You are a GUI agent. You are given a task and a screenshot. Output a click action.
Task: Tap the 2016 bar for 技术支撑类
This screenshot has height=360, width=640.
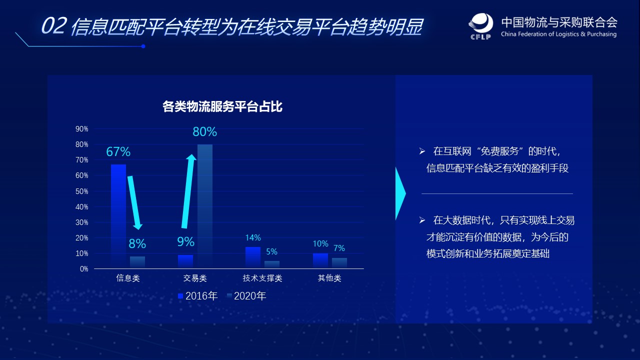point(252,257)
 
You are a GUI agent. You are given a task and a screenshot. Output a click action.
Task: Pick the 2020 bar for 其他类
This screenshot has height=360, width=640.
point(339,263)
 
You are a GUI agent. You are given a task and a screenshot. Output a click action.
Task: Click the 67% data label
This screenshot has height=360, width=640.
point(118,151)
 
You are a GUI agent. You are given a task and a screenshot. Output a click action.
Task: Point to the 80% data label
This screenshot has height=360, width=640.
point(205,132)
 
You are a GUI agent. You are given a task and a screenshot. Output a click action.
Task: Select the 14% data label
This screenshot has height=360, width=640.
point(253,238)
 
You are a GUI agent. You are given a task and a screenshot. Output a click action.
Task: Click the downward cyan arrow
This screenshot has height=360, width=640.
point(134,202)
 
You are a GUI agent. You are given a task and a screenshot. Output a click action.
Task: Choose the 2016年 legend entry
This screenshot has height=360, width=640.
point(198,296)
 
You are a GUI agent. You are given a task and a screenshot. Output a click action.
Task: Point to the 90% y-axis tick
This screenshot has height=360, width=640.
point(82,129)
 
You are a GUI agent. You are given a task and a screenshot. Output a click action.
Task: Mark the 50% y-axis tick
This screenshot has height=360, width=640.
point(82,191)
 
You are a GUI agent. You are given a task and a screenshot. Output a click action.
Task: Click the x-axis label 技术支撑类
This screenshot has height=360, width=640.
point(262,278)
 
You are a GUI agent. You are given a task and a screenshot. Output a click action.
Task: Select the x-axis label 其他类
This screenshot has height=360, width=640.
point(329,278)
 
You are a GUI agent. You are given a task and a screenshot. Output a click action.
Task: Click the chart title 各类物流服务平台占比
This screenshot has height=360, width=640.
point(222,106)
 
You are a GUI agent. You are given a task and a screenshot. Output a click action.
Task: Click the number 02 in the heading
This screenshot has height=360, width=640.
point(53,26)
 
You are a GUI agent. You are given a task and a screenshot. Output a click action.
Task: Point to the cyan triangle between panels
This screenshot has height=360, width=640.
point(400,193)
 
